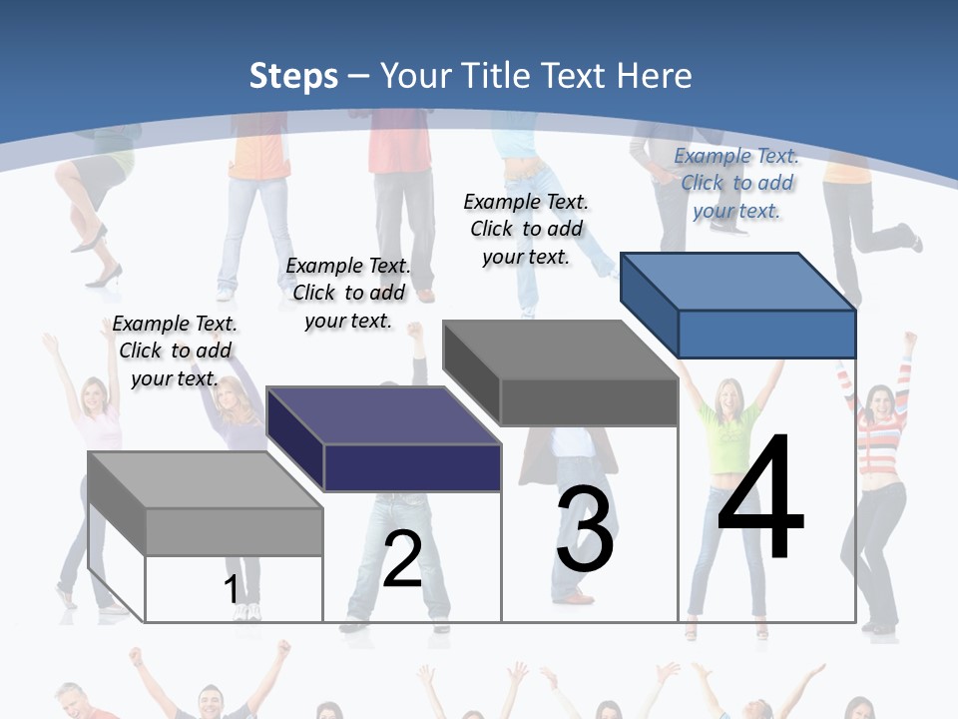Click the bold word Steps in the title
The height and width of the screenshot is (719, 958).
point(293,76)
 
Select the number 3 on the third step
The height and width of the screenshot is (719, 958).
point(585,529)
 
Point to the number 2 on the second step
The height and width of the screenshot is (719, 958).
point(402,559)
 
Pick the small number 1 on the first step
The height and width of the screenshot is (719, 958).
point(231,589)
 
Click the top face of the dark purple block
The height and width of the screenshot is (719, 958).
point(383,415)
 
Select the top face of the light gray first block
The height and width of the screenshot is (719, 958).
point(206,480)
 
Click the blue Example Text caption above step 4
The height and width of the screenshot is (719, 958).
point(736,183)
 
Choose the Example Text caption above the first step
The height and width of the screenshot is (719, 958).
point(175,351)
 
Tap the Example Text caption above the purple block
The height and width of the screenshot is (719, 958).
point(348,293)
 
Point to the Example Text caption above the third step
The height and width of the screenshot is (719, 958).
point(526,229)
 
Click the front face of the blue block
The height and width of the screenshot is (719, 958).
point(766,334)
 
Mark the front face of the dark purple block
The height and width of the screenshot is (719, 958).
point(412,467)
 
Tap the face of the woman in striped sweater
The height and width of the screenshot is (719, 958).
point(879,402)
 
